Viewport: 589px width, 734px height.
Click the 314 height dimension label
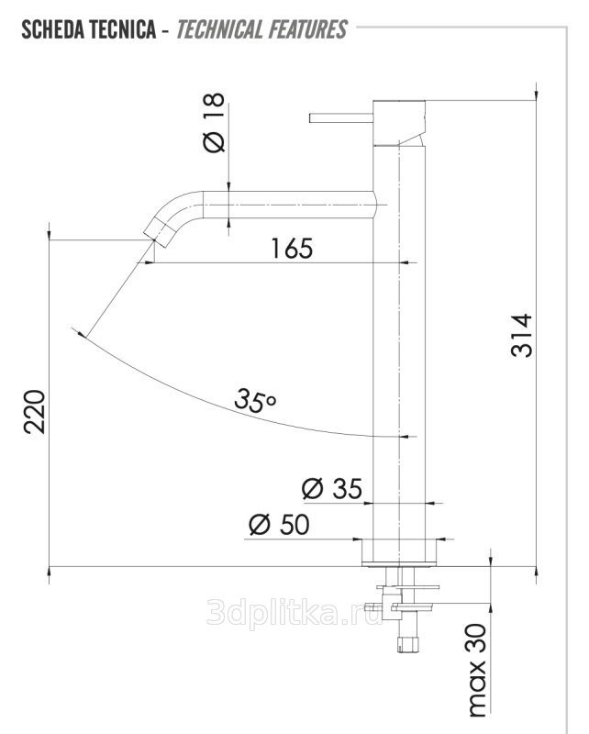click(522, 336)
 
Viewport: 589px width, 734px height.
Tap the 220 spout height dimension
click(35, 411)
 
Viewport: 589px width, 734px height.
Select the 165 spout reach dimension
click(292, 248)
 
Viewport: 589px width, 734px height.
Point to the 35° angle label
click(255, 400)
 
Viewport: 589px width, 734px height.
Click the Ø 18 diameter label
click(214, 122)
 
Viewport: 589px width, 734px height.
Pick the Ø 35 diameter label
click(332, 489)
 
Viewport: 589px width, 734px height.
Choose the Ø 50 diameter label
click(279, 524)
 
